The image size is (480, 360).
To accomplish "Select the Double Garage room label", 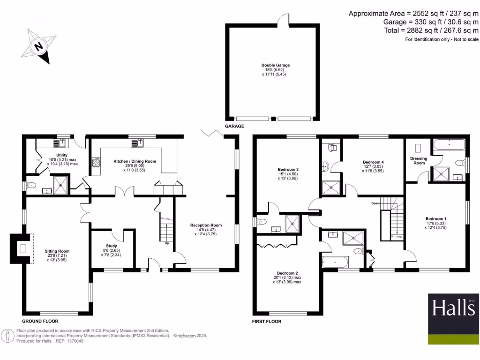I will (x=272, y=65).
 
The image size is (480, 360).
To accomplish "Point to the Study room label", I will (x=112, y=246).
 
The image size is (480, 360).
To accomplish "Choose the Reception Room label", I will (x=206, y=225).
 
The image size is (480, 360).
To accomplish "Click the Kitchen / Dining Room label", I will (x=135, y=161).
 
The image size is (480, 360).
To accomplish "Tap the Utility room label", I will (x=61, y=155).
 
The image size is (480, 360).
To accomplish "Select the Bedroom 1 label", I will (x=436, y=219).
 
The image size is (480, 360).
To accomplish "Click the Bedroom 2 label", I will (x=287, y=273).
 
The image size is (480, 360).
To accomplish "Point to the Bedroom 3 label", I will (x=288, y=169).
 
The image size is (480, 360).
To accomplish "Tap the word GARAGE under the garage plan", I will (x=235, y=127).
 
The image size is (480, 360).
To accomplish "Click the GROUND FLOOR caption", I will (x=40, y=322).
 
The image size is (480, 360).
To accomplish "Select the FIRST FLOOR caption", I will (x=267, y=322).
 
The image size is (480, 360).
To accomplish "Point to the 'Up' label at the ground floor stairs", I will (x=166, y=243).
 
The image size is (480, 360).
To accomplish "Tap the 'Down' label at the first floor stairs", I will (x=375, y=203).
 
